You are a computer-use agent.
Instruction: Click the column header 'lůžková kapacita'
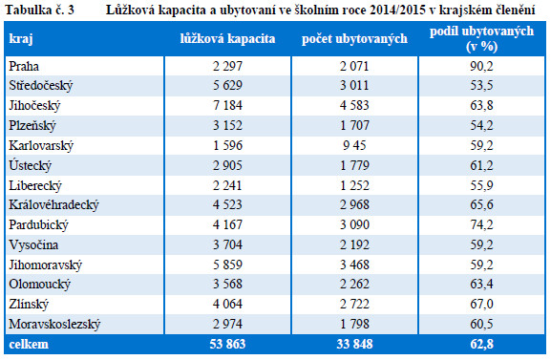pyautogui.click(x=227, y=38)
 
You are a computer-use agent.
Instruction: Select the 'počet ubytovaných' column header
pyautogui.click(x=354, y=38)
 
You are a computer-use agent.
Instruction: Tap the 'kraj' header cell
pyautogui.click(x=21, y=39)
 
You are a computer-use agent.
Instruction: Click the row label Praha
pyautogui.click(x=24, y=66)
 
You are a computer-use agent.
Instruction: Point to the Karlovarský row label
pyautogui.click(x=41, y=145)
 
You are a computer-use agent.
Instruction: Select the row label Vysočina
pyautogui.click(x=33, y=244)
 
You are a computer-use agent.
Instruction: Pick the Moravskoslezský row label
pyautogui.click(x=54, y=324)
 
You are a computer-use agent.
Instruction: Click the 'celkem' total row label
pyautogui.click(x=29, y=344)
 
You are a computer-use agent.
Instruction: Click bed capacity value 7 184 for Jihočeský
pyautogui.click(x=227, y=105)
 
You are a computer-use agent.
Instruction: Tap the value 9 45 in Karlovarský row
pyautogui.click(x=354, y=145)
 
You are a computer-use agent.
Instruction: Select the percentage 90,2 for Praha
pyautogui.click(x=481, y=66)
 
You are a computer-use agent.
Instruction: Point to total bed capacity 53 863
pyautogui.click(x=227, y=344)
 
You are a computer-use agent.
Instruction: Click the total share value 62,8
pyautogui.click(x=481, y=344)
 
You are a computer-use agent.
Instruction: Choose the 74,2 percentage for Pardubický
pyautogui.click(x=481, y=224)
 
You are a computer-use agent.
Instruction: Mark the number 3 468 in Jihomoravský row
pyautogui.click(x=354, y=265)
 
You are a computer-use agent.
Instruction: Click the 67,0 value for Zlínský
pyautogui.click(x=481, y=304)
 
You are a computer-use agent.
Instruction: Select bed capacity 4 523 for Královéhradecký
pyautogui.click(x=227, y=204)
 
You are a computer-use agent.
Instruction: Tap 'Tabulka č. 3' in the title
pyautogui.click(x=40, y=10)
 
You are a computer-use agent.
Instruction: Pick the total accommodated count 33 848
pyautogui.click(x=354, y=344)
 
